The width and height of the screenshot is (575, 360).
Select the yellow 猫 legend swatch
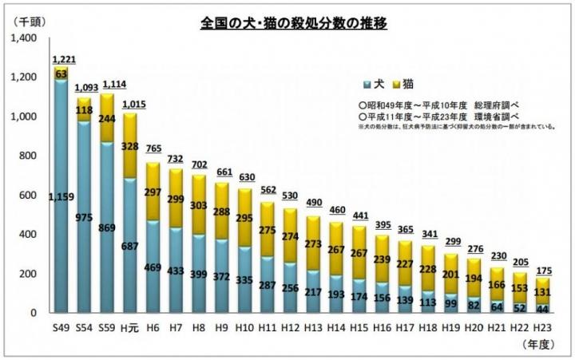(x=395, y=83)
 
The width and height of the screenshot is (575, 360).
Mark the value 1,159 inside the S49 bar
(x=61, y=198)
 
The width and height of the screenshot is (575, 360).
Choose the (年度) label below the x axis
(x=537, y=345)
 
